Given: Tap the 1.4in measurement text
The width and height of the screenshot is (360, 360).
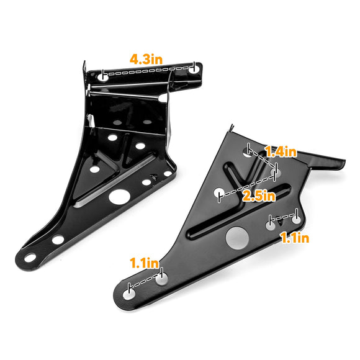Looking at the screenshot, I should pyautogui.click(x=281, y=151).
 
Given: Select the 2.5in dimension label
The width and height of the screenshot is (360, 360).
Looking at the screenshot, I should pyautogui.click(x=259, y=196).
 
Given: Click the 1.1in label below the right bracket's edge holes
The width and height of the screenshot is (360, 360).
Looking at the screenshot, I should pyautogui.click(x=294, y=236).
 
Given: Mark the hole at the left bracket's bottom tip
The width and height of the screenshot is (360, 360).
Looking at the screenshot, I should pyautogui.click(x=30, y=256).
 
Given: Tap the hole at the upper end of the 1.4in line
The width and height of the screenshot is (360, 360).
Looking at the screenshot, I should pyautogui.click(x=249, y=151).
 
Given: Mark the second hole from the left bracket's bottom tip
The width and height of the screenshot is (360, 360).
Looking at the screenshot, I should pyautogui.click(x=58, y=240).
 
